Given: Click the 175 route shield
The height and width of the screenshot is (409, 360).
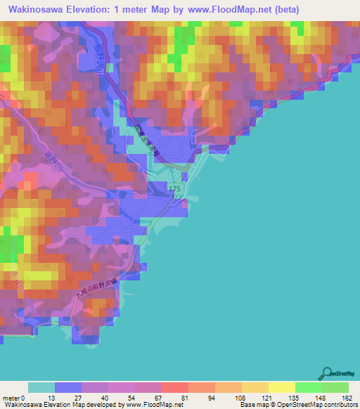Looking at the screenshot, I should (176, 190).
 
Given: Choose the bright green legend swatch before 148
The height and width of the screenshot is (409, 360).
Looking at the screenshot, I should (309, 387).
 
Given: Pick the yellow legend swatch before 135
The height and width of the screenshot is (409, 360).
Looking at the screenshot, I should (281, 387).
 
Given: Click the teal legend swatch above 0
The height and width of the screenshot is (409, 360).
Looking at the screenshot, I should (41, 387).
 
